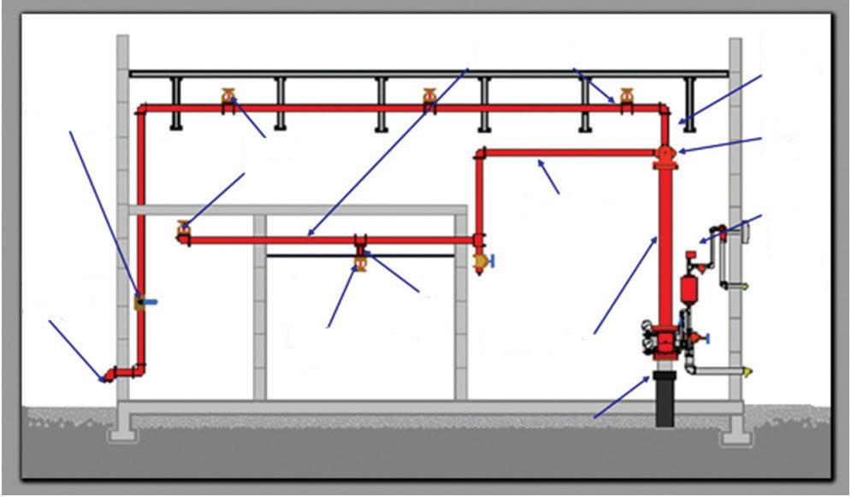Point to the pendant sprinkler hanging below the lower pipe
pyautogui.click(x=360, y=261)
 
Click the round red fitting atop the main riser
pyautogui.click(x=665, y=155)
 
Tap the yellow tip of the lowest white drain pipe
pyautogui.click(x=750, y=371)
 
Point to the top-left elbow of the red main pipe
pyautogui.click(x=142, y=109)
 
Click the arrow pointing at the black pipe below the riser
pyautogui.click(x=621, y=397)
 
